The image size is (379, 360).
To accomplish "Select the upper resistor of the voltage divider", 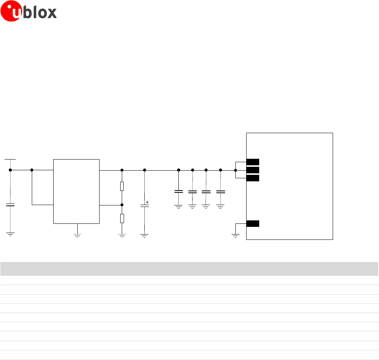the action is point(122,186).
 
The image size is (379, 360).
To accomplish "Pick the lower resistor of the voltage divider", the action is point(122,218).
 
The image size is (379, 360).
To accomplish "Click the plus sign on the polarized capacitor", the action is point(147,202).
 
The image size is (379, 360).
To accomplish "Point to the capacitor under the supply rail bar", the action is point(10,205).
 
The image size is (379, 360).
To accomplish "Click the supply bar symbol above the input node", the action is point(10,159).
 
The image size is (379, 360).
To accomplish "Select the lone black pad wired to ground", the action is point(253,224).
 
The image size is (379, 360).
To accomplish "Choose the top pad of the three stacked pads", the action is point(253,161).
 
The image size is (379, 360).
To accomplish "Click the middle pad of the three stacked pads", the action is point(253,170).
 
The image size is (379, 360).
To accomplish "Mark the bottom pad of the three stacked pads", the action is point(253,178).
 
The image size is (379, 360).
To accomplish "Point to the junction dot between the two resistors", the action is point(122,205).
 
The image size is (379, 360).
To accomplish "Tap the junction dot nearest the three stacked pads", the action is point(235,170).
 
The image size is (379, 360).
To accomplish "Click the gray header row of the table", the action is point(189,269).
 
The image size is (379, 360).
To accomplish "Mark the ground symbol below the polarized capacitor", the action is point(144,236).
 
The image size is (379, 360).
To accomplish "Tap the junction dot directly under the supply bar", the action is point(10,170).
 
